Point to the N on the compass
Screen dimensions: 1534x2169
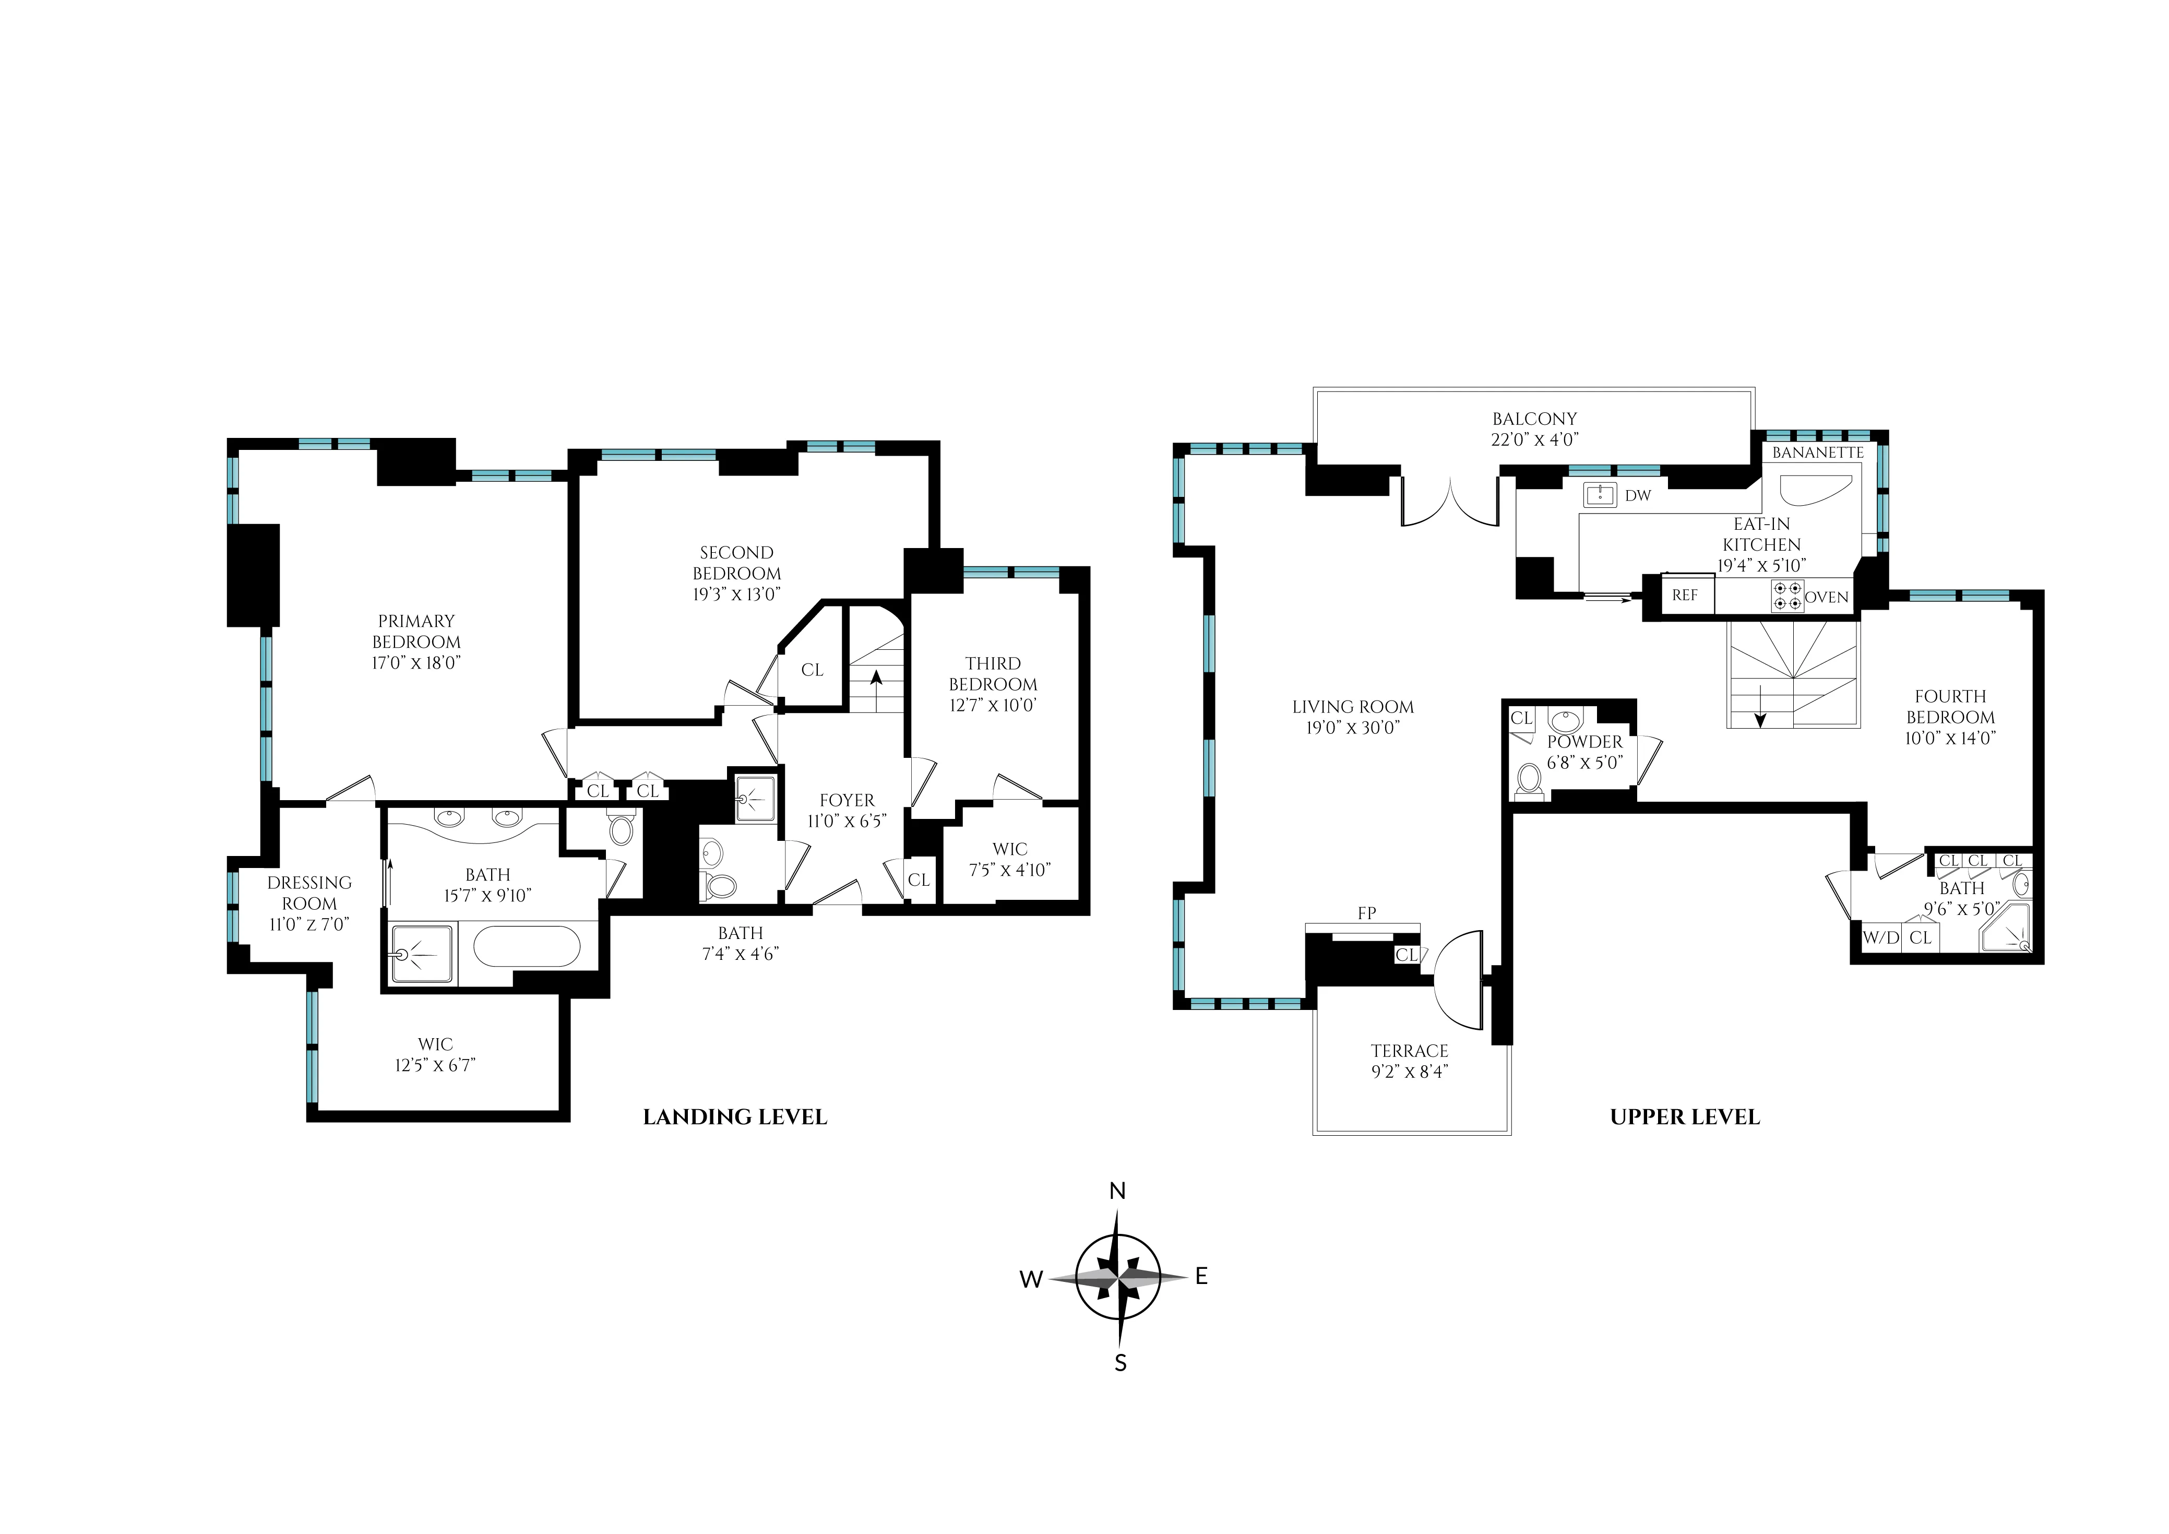(1117, 1191)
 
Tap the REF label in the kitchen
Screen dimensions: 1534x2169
(1684, 595)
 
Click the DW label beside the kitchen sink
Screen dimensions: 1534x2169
(1638, 495)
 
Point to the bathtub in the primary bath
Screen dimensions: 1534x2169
(527, 946)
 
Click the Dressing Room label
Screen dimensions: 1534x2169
(309, 893)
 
